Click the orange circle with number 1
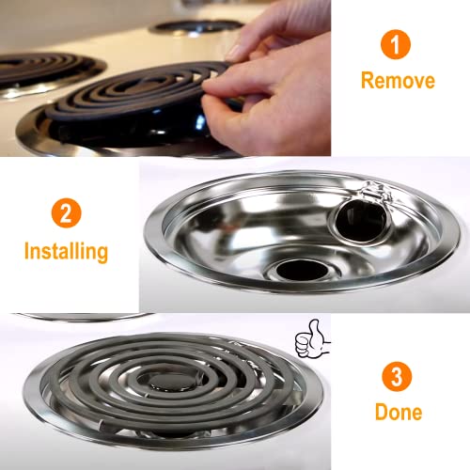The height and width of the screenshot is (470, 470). [396, 44]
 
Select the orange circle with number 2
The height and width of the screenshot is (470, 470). [65, 213]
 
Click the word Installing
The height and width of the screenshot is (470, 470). [66, 251]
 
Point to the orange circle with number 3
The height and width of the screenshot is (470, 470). [396, 375]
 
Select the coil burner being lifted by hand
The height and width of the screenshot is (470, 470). [141, 99]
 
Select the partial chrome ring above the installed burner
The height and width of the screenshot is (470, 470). [85, 317]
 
